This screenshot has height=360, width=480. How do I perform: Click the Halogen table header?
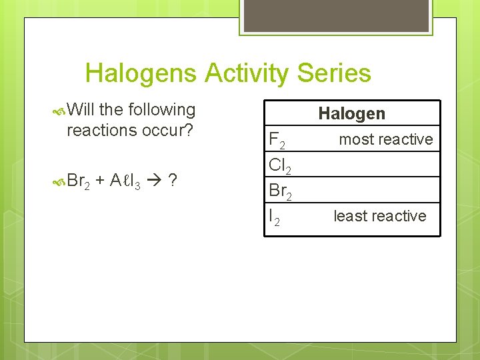click(351, 114)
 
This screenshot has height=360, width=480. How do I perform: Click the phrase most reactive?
click(385, 139)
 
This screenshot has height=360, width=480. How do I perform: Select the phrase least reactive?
click(379, 216)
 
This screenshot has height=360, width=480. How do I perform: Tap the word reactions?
click(100, 130)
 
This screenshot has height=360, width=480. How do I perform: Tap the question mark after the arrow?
click(173, 181)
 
